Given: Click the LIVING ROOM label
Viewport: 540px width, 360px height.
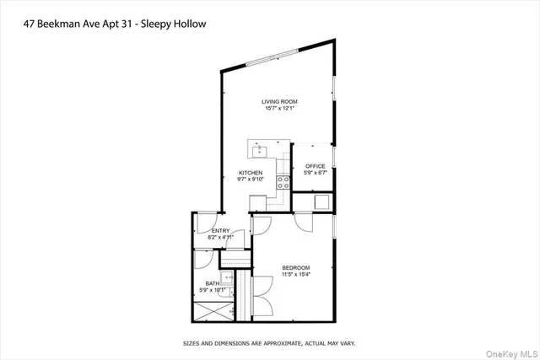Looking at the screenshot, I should pos(278,101).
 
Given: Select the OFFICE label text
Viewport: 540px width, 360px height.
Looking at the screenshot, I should pos(315,166).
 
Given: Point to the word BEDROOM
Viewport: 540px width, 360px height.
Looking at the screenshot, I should pos(295,268).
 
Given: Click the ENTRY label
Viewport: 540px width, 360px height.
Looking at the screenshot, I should pos(220,231).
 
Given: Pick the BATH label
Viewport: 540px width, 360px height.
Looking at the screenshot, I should pos(210,283).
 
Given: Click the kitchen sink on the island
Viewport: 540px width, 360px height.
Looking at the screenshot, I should pos(260,151).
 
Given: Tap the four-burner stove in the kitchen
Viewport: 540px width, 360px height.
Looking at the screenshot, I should pos(283,183).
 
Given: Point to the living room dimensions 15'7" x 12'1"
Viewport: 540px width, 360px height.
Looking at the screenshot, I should pos(278,108).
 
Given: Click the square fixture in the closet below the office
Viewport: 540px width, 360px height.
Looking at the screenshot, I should pos(321,201).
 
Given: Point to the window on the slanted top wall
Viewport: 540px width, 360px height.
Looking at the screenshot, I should pos(273,57).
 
